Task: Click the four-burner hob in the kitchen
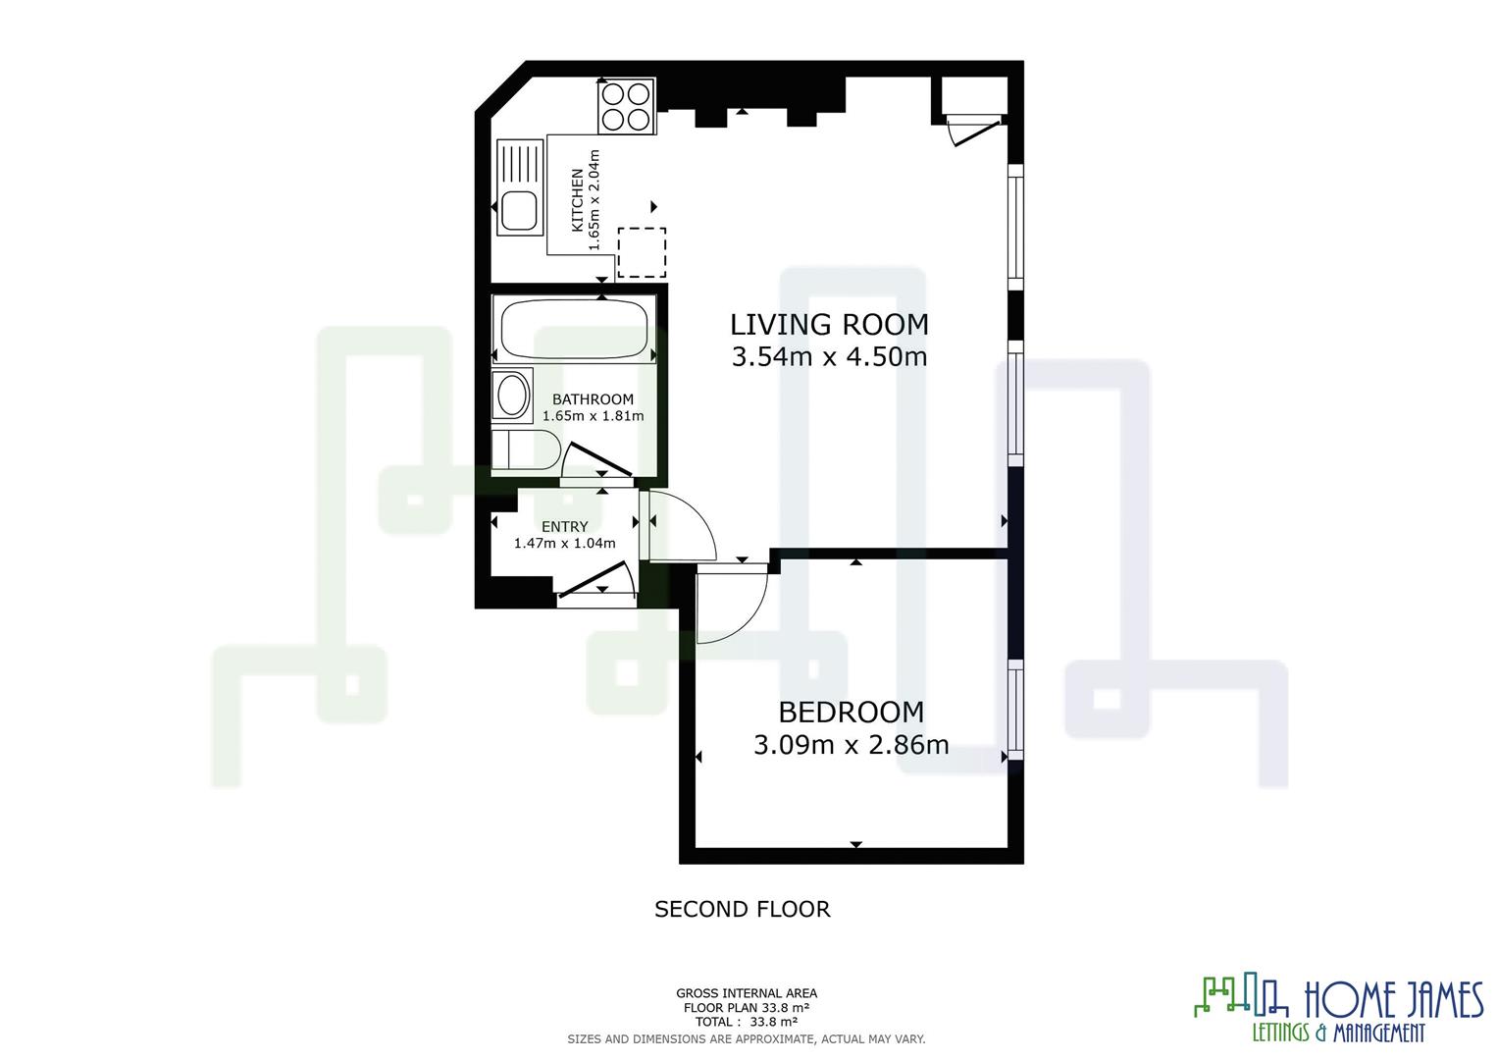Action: click(x=626, y=106)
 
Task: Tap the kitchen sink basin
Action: click(x=518, y=211)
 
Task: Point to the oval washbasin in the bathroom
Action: click(x=511, y=397)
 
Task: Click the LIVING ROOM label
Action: click(x=829, y=324)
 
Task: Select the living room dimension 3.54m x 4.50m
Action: click(x=829, y=356)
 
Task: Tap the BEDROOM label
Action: click(x=851, y=712)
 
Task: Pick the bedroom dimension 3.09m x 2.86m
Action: click(x=851, y=745)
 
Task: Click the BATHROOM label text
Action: click(x=593, y=399)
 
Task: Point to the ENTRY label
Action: click(x=564, y=527)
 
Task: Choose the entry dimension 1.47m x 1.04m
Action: click(x=564, y=544)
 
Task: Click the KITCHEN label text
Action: click(x=578, y=199)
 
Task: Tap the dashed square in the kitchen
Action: click(x=642, y=252)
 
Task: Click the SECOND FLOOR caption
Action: click(x=742, y=910)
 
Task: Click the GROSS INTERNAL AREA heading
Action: click(x=746, y=993)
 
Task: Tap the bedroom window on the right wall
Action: click(x=1015, y=709)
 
